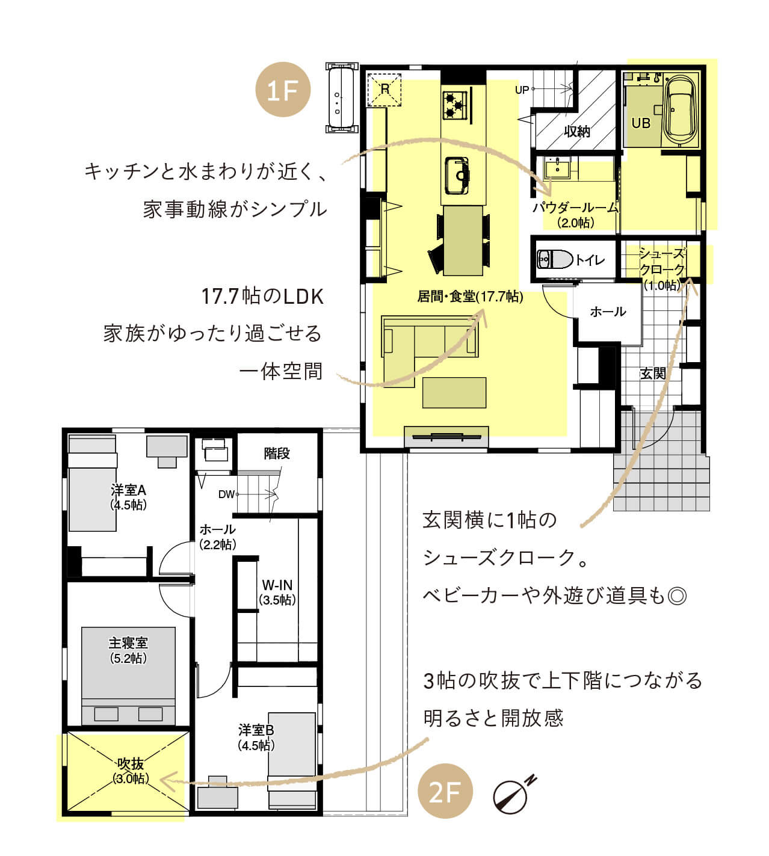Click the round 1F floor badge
coord(283,90)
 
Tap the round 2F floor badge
coord(445,791)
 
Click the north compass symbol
coord(514,793)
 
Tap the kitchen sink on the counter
coord(457,175)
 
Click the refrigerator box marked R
coord(384,90)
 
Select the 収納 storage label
coord(577,132)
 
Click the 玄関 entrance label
coord(653,374)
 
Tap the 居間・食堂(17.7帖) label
coord(470,297)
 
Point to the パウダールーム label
coord(575,208)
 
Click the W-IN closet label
coord(277,585)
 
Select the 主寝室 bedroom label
coord(128,642)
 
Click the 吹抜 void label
coord(131,763)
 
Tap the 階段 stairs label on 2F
coord(277,454)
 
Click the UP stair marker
coord(522,90)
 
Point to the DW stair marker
coord(226,494)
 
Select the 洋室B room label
coord(256,730)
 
